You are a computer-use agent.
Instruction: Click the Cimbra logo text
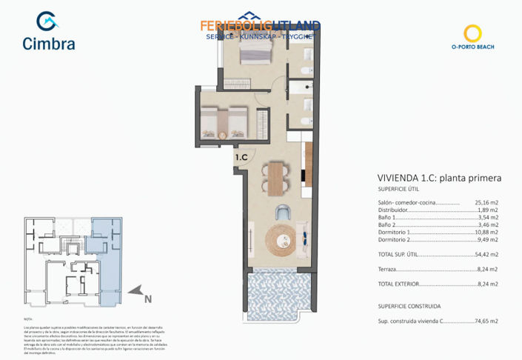(49, 43)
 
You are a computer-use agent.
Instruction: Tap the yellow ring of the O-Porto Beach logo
(472, 33)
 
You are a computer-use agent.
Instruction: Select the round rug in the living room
(281, 239)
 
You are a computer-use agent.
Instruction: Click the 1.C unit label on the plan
(241, 158)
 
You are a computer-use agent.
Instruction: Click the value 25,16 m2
(486, 202)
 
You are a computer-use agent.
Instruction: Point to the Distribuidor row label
(393, 210)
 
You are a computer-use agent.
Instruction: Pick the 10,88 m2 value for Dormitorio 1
(486, 232)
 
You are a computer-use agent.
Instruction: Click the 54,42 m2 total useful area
(486, 254)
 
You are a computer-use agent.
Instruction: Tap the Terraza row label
(389, 269)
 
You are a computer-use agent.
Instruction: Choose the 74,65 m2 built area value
(486, 321)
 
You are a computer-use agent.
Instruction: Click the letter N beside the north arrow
(147, 299)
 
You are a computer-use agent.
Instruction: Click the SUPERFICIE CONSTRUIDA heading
(409, 306)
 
